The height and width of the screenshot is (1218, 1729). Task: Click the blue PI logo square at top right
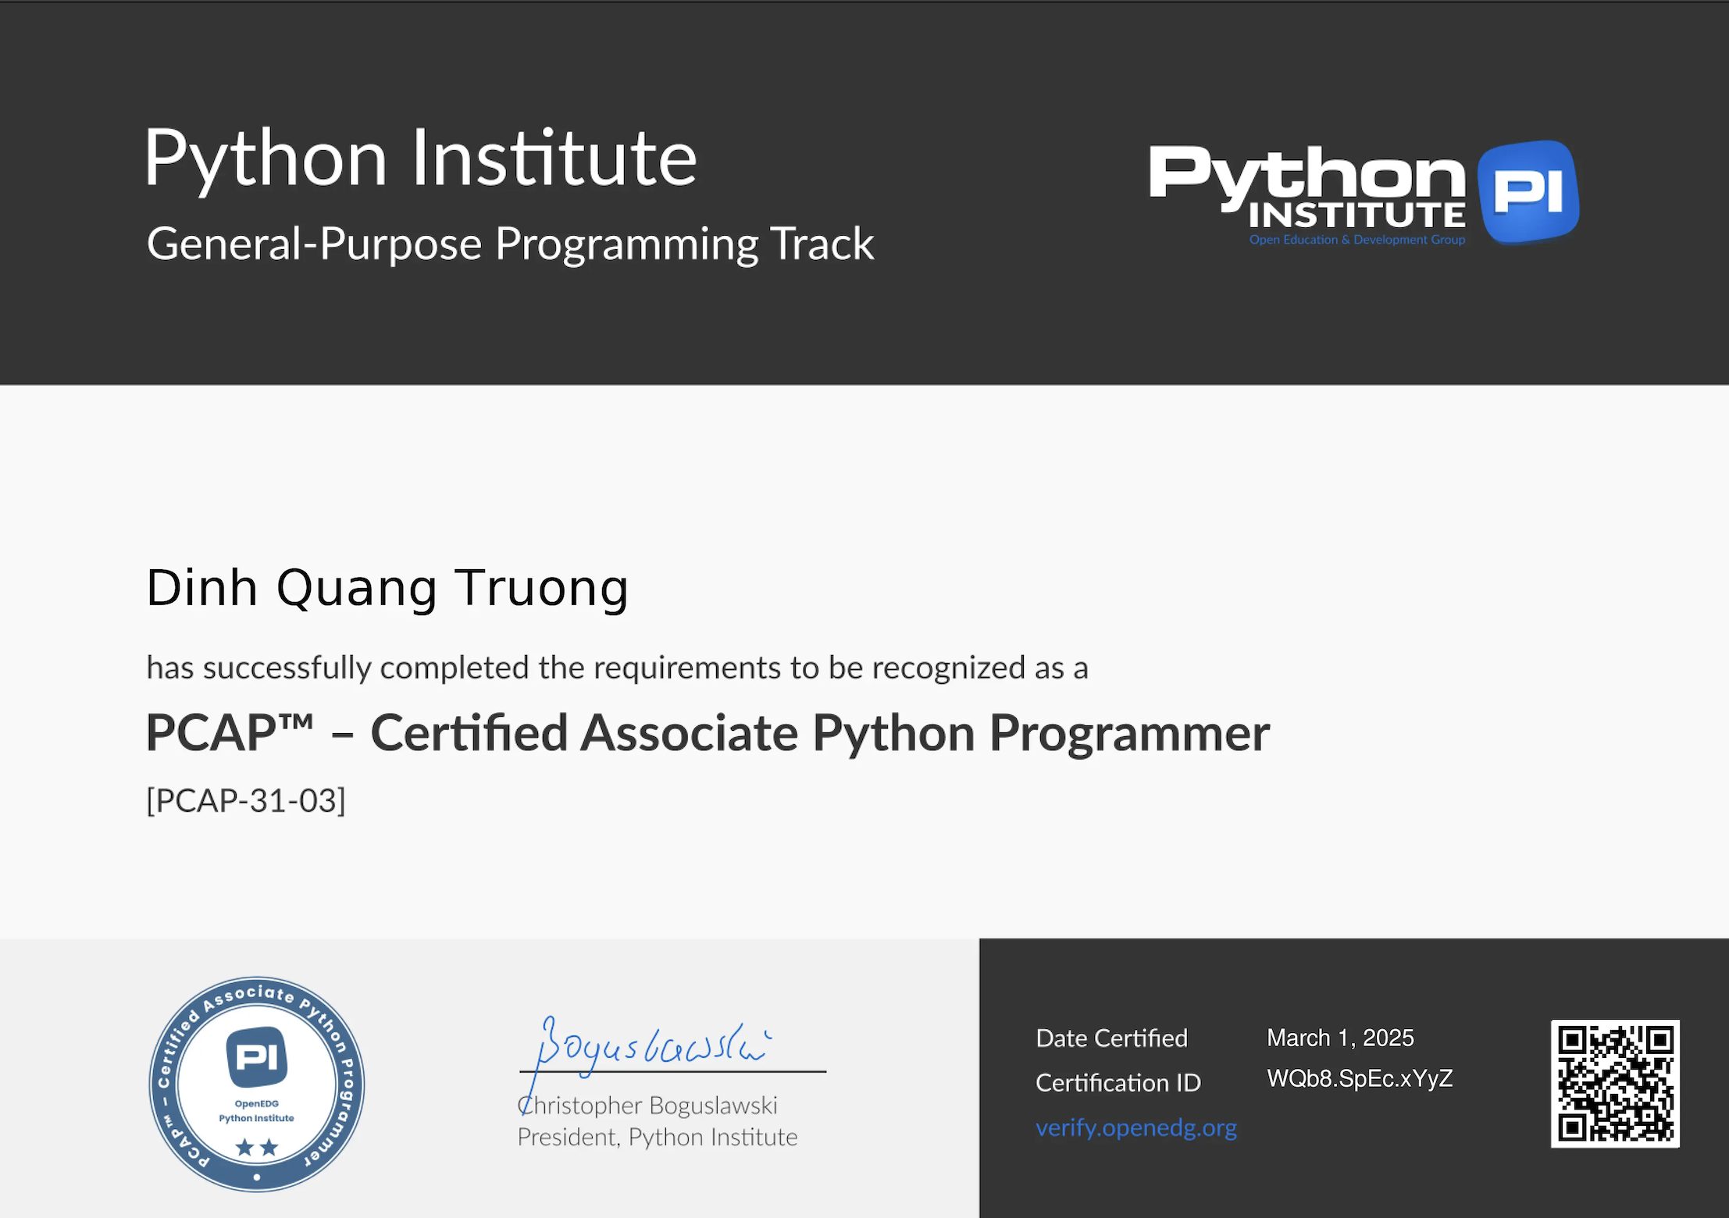[x=1528, y=191]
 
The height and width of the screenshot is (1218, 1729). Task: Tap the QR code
[x=1614, y=1083]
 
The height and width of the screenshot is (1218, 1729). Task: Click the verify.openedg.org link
[x=1135, y=1127]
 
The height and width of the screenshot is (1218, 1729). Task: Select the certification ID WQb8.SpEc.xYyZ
[x=1359, y=1078]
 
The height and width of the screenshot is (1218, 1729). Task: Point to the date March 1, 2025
[x=1339, y=1038]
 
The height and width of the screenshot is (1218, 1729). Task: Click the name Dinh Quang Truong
[x=387, y=588]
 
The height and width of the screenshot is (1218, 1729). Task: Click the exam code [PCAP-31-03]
[x=246, y=800]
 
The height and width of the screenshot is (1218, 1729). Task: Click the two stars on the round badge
[x=257, y=1147]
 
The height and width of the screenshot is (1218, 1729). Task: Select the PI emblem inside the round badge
[x=257, y=1057]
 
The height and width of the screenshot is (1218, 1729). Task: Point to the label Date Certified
[x=1110, y=1038]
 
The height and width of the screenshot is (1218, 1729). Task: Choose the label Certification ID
[x=1118, y=1083]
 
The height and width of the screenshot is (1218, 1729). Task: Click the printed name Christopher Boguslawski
[x=647, y=1106]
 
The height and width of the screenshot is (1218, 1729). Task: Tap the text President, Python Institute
[x=657, y=1137]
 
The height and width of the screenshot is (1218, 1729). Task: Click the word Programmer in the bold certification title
[x=1129, y=733]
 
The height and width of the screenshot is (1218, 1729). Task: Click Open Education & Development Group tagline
[x=1356, y=240]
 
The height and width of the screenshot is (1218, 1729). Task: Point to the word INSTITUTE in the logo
[x=1356, y=215]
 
